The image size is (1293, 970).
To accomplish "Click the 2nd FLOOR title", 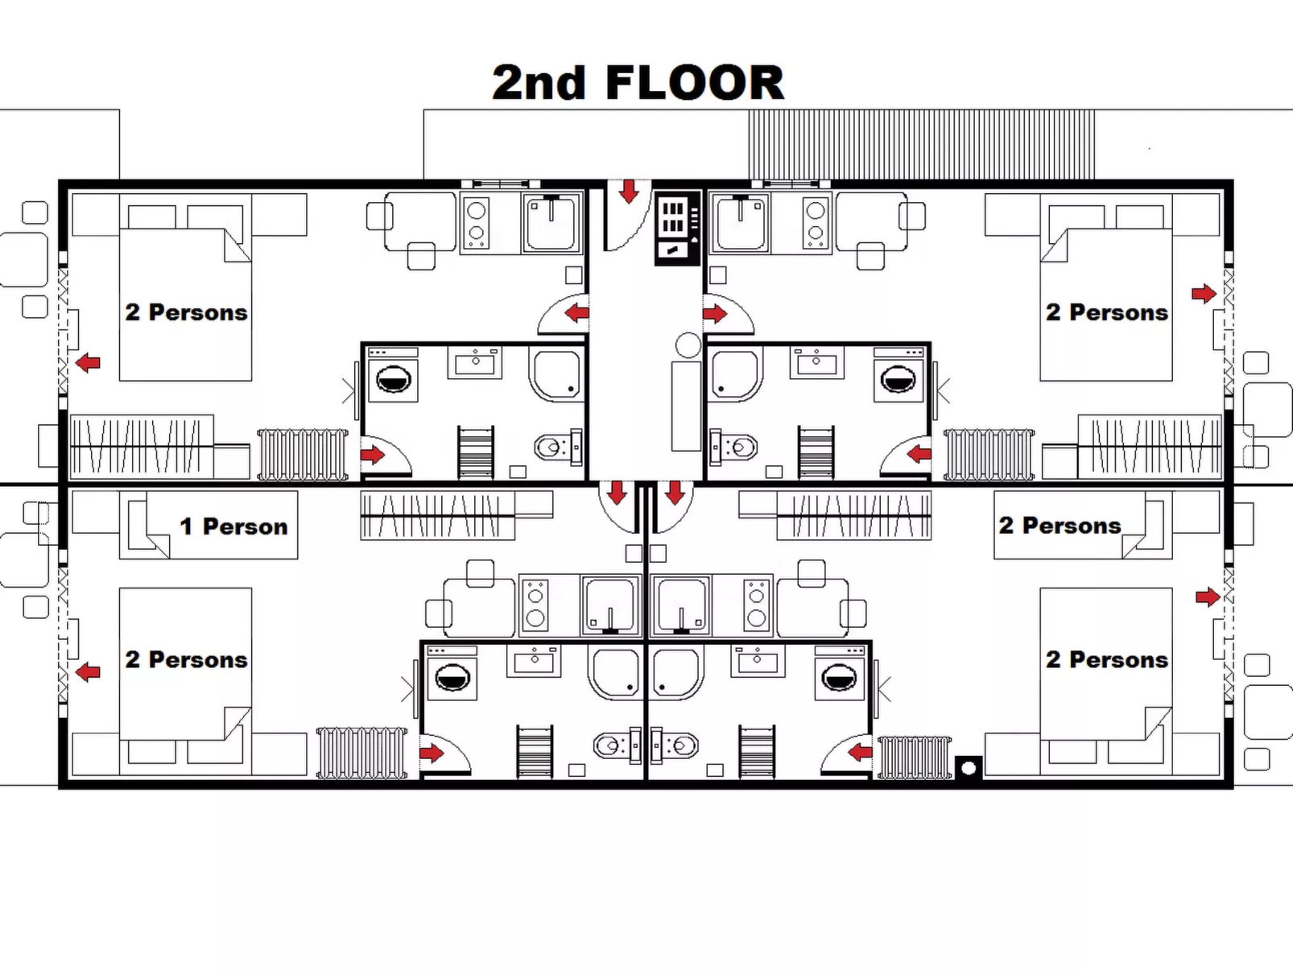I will click(x=638, y=83).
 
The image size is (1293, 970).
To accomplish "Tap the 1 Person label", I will click(x=233, y=526).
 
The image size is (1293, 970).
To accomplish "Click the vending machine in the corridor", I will click(x=675, y=228).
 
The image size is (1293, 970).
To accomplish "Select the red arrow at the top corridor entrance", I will click(x=629, y=192).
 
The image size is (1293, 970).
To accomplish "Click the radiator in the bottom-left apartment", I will click(x=361, y=753).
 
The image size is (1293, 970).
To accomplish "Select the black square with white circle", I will click(x=969, y=768).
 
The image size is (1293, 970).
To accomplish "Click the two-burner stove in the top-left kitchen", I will click(x=477, y=222).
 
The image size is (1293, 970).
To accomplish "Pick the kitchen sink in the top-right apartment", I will click(x=738, y=222).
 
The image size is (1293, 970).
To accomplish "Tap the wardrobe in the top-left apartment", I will click(x=142, y=445).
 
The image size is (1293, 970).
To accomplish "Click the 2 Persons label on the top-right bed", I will click(x=1106, y=312).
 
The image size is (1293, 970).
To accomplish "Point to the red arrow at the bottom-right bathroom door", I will click(x=860, y=753).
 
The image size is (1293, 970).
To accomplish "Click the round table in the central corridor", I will click(x=688, y=345).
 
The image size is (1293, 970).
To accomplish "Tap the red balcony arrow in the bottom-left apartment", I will click(x=88, y=671).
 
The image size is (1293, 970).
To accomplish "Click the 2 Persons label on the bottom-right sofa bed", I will click(x=1060, y=526).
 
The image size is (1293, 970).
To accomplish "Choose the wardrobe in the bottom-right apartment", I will click(x=853, y=515).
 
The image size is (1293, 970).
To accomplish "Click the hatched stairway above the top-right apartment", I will click(x=921, y=145).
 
